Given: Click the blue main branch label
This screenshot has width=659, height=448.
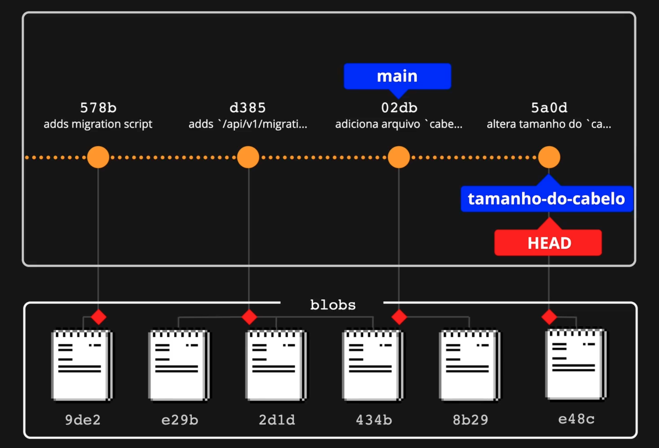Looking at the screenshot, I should [x=397, y=76].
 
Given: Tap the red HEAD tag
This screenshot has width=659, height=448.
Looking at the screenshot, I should [x=548, y=242].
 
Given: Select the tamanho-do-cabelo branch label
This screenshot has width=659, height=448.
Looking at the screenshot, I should [x=546, y=198].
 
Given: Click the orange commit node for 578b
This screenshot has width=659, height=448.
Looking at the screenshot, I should [x=98, y=157].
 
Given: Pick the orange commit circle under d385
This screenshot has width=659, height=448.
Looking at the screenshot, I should [x=248, y=157].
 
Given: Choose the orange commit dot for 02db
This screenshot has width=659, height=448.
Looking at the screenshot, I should [x=399, y=157].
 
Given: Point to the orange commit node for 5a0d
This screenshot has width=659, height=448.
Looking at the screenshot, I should [x=549, y=157].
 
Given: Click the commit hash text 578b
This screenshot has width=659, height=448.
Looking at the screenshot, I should [x=98, y=108].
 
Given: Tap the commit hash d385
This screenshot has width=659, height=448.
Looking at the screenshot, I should [x=248, y=108].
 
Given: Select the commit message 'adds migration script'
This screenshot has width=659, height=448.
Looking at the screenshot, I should [x=98, y=124].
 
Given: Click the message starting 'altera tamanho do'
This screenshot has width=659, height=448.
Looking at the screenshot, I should [x=549, y=124].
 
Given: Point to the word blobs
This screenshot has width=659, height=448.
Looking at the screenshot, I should [x=333, y=305].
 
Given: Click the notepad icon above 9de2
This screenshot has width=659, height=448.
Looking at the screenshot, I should [x=82, y=365].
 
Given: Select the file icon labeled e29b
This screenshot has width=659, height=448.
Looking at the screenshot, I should [x=179, y=365].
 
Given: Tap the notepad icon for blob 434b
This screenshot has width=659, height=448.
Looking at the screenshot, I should [x=373, y=365].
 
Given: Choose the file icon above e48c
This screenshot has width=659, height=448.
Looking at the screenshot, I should [x=576, y=364].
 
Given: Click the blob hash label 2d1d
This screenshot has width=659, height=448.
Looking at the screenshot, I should [x=277, y=420].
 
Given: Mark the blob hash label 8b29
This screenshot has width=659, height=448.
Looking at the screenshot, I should [x=470, y=420].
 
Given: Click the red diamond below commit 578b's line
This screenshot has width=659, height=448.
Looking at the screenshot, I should [x=99, y=317].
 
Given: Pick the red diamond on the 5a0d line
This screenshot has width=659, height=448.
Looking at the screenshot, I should [x=549, y=317].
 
